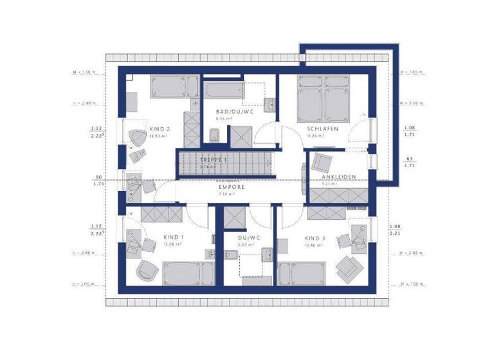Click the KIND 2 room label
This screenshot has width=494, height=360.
[159, 129]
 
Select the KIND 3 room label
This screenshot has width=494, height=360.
[315, 238]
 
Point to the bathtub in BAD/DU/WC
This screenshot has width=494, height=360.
[223, 91]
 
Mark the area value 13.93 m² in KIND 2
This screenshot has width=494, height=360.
[158, 136]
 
